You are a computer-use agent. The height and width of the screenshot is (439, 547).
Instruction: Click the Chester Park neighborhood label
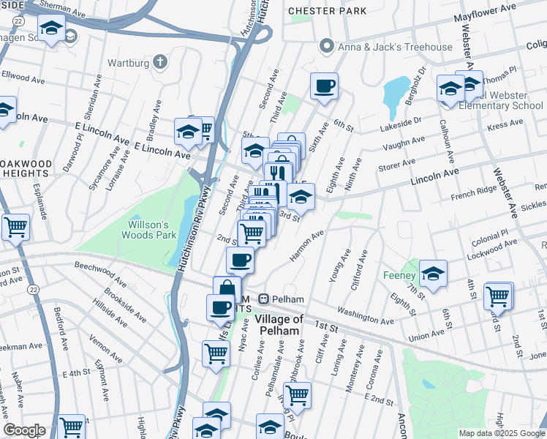[x=322, y=11]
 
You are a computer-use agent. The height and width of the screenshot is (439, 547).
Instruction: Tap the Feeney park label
[x=399, y=276]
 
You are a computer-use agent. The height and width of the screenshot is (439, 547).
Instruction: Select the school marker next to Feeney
[x=433, y=274]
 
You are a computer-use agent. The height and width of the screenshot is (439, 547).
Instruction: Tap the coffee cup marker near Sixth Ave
[x=324, y=86]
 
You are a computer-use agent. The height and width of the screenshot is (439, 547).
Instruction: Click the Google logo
[x=24, y=430]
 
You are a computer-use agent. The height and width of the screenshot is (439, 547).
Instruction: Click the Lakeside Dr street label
[x=401, y=123]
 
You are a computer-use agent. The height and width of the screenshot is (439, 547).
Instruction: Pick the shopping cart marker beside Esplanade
[x=15, y=227]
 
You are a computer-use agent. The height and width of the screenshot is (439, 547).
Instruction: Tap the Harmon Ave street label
[x=307, y=245]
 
